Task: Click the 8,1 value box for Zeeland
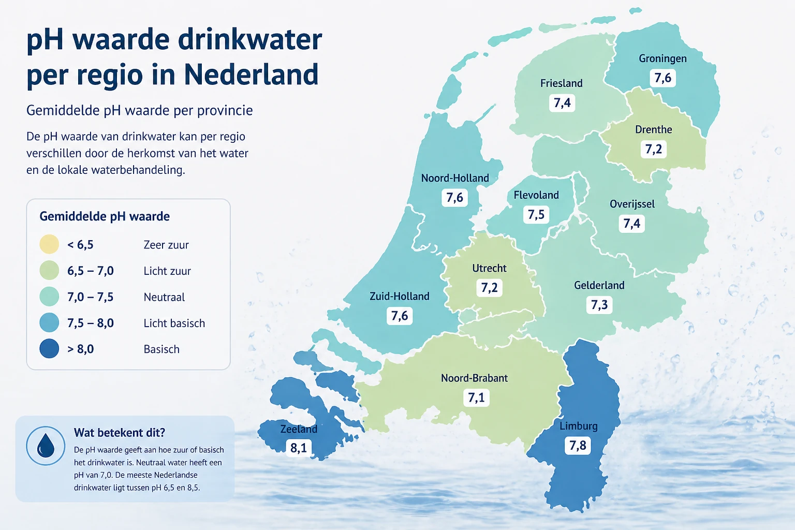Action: point(299,448)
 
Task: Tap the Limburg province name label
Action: point(578,426)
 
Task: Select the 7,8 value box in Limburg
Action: point(578,446)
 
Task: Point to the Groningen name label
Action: point(662,58)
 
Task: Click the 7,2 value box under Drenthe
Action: point(653,150)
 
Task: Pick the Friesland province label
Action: point(561,83)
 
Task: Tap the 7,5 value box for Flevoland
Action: point(536,215)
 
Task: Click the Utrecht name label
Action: point(489,268)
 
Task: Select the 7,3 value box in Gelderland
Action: point(599,305)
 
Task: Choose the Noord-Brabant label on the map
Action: point(474,378)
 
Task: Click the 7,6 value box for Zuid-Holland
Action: point(400,316)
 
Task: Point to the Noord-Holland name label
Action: point(454,178)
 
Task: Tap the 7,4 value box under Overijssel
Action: point(631,224)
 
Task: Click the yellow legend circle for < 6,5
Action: point(49,244)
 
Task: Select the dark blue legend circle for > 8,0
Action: point(49,349)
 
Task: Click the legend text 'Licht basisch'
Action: point(174,323)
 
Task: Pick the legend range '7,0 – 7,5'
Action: point(90,297)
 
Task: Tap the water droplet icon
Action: point(46,446)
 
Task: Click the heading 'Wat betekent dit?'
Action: point(120,433)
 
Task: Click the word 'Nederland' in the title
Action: point(251,75)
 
